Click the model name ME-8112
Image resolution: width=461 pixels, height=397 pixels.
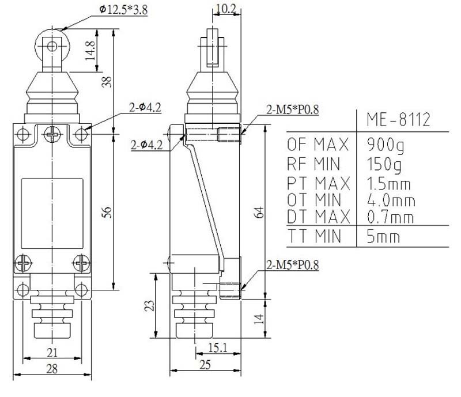398,119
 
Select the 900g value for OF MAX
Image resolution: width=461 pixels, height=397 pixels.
386,145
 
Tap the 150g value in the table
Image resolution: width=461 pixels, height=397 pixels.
384,164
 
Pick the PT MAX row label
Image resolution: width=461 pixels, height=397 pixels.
319,183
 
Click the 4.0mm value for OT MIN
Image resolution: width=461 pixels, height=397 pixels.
391,201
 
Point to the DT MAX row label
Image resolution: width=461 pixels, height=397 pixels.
319,217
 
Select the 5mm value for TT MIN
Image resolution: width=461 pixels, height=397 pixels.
383,236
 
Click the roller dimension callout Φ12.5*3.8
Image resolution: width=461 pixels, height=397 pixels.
123,10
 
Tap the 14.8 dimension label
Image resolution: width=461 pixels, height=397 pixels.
90,51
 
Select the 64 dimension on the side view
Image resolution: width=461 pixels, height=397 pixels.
258,212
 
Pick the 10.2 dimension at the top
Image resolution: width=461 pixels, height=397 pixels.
226,9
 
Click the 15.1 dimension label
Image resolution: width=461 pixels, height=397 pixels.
218,348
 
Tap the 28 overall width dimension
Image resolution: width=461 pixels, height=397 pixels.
52,369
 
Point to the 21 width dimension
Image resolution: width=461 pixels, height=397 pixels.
52,352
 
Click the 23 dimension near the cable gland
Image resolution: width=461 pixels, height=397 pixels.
149,305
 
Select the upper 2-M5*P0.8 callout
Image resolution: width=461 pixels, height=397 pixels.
292,109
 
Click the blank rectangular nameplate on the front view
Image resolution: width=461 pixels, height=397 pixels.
52,214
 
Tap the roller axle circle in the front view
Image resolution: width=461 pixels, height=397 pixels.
52,46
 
